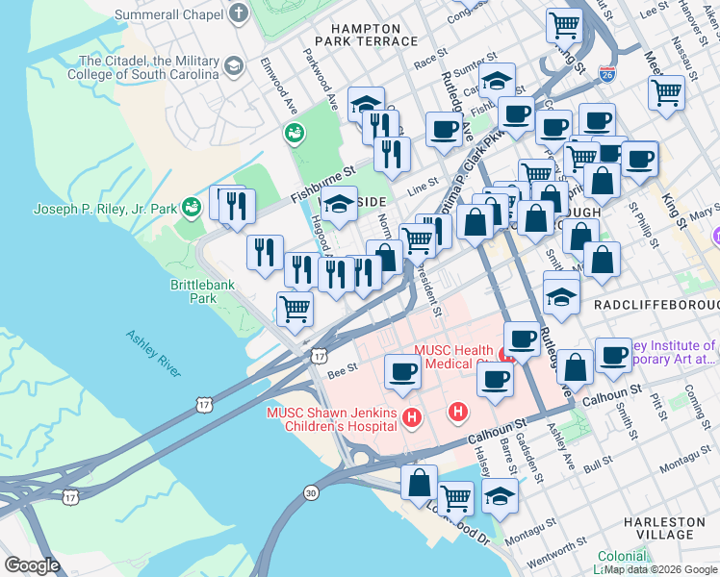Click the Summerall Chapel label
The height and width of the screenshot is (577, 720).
point(170,14)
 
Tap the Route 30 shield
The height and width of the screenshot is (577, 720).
point(310,491)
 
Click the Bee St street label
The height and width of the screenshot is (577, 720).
point(342,367)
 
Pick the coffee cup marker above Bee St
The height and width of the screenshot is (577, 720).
point(402,370)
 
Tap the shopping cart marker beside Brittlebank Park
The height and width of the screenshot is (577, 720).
point(295,309)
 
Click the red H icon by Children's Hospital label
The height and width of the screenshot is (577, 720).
point(412,416)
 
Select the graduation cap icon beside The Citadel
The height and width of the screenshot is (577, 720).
point(233,65)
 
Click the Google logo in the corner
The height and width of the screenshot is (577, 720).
point(32,565)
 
